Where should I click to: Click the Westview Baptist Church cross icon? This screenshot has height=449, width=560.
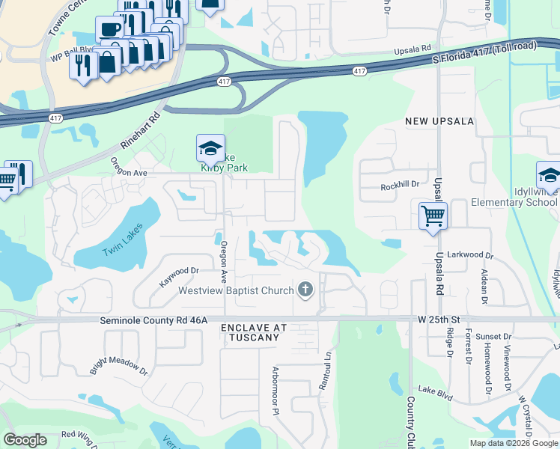305,289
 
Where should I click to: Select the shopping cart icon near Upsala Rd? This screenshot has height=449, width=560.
433,216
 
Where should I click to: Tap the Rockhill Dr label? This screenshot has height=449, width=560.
400,186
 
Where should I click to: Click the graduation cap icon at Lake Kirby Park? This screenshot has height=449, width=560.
210,147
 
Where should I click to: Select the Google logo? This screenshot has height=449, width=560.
25,439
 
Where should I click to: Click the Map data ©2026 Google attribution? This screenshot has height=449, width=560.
513,442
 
